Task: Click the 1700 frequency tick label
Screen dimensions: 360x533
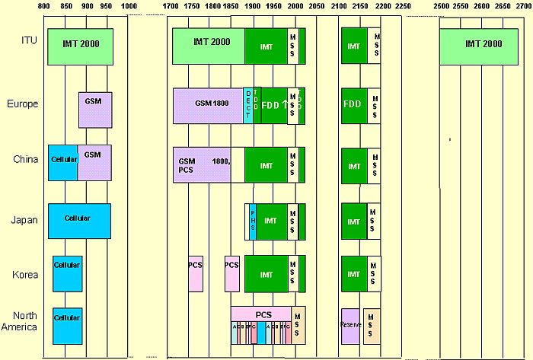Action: (x=173, y=6)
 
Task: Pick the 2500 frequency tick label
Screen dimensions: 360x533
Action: (x=441, y=6)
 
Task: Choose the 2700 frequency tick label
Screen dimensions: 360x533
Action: (x=523, y=6)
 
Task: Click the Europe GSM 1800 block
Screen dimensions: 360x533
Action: (x=208, y=105)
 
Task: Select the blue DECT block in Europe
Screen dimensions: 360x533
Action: (x=247, y=105)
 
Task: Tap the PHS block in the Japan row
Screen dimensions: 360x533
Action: (x=252, y=221)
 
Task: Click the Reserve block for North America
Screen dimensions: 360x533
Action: (x=350, y=326)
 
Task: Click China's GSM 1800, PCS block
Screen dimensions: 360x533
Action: (x=202, y=164)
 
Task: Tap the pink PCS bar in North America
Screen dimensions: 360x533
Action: (x=263, y=314)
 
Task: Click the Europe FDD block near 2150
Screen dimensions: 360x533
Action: (x=352, y=104)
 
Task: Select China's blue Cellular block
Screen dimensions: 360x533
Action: (x=62, y=162)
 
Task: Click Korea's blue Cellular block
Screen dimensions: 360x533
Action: (x=66, y=273)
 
